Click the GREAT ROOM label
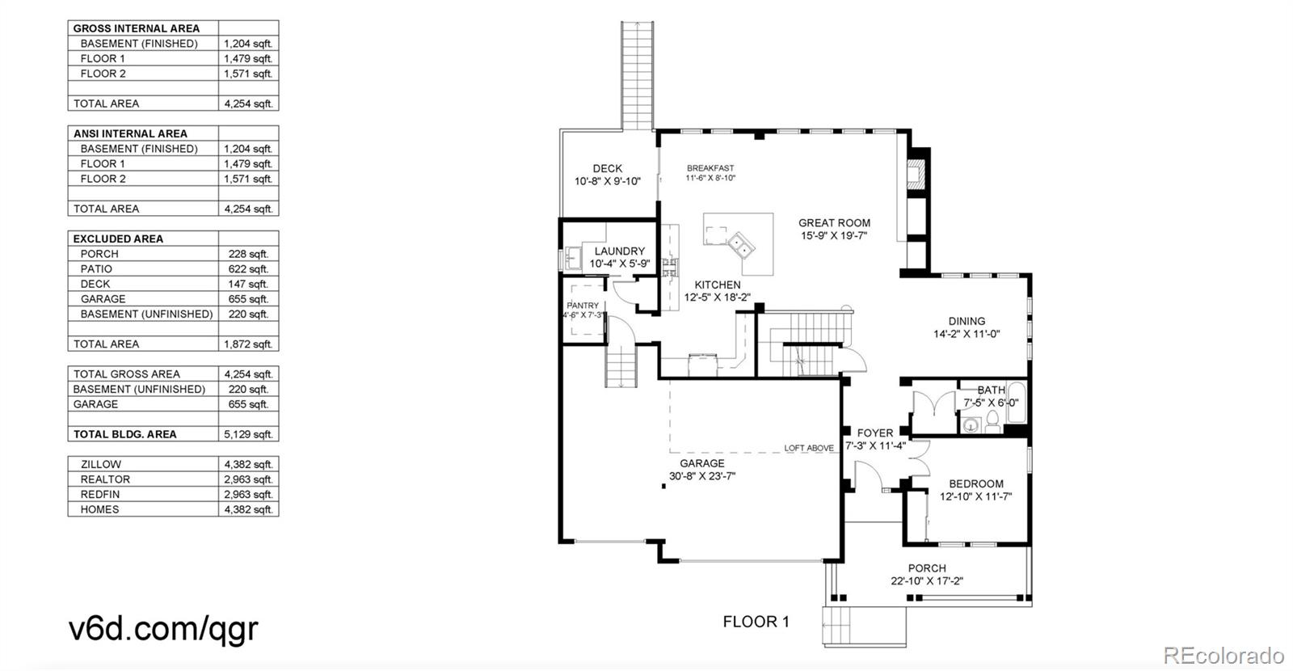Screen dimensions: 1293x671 (834, 223)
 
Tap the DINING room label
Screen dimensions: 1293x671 (967, 321)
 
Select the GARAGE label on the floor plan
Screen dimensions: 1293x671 (702, 463)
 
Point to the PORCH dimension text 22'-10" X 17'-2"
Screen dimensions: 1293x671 (926, 581)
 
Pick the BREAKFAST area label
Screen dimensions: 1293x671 (710, 168)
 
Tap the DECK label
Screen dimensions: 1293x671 (607, 169)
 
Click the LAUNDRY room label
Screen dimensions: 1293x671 (619, 251)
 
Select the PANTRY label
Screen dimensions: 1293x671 (583, 306)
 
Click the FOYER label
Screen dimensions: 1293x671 (875, 433)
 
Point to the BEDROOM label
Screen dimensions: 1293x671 (975, 484)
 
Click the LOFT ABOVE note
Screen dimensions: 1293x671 (809, 448)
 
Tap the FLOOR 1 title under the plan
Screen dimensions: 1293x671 (756, 622)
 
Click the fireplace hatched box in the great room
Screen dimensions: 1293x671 (916, 174)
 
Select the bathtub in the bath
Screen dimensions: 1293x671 (1016, 403)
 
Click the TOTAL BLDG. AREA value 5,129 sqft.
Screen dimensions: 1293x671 (248, 434)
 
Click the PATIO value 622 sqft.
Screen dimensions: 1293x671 (248, 269)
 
